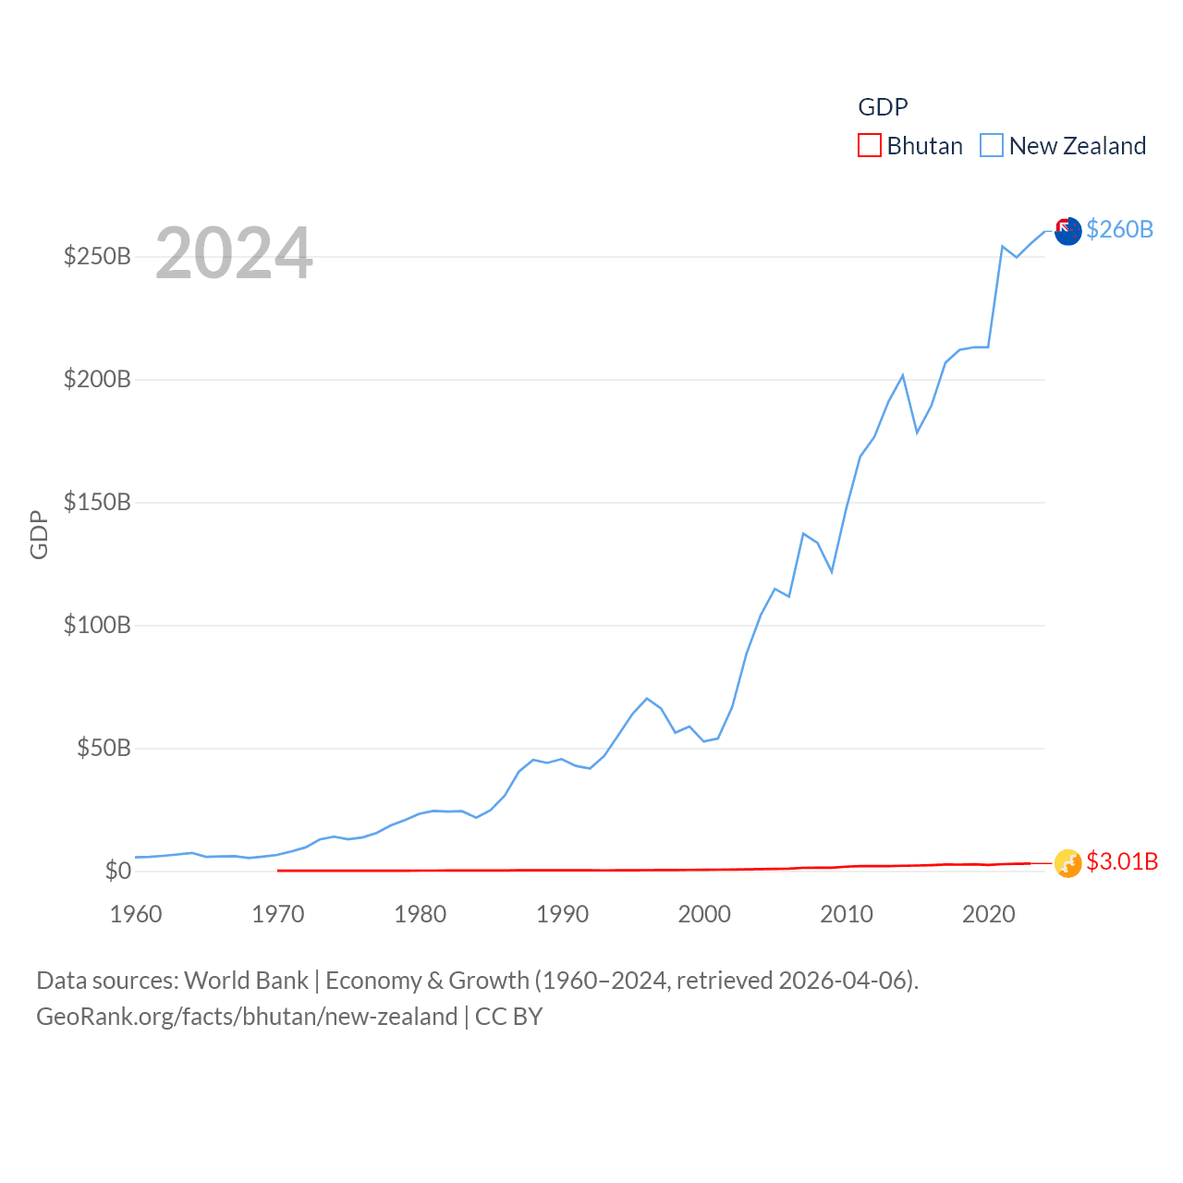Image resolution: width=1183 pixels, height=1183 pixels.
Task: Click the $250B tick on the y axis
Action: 97,256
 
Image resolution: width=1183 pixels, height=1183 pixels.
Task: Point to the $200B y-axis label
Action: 97,379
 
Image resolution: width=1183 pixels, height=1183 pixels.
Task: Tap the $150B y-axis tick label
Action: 97,502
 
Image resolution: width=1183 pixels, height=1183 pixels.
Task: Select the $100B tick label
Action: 97,625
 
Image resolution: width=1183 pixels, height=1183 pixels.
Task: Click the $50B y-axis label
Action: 104,748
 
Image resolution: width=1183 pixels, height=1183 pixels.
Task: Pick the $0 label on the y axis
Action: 117,871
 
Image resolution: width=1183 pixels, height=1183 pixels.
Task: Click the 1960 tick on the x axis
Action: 136,914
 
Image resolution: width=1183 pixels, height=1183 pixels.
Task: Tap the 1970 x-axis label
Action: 278,914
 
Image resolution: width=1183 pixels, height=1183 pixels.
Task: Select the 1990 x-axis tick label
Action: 562,914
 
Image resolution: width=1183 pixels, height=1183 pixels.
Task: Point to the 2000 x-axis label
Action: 704,914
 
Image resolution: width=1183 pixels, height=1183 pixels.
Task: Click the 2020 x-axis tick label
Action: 989,914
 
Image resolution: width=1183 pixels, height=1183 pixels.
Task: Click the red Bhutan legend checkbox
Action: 869,146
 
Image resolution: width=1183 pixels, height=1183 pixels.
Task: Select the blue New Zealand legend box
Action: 991,146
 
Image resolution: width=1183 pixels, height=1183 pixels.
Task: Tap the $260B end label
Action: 1119,229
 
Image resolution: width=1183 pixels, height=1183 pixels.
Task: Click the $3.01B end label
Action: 1122,861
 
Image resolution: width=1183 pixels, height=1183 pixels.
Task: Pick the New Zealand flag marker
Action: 1067,231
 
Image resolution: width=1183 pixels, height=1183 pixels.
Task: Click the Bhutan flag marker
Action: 1067,863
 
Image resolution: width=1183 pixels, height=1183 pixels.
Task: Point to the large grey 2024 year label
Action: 234,253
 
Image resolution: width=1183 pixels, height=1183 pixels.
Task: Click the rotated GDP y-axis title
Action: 39,534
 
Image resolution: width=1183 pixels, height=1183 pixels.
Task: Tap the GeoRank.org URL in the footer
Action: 247,1017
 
